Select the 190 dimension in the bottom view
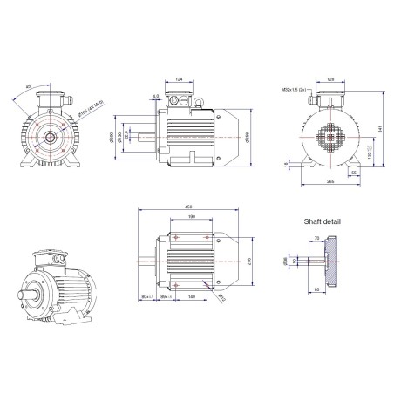(190, 217)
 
